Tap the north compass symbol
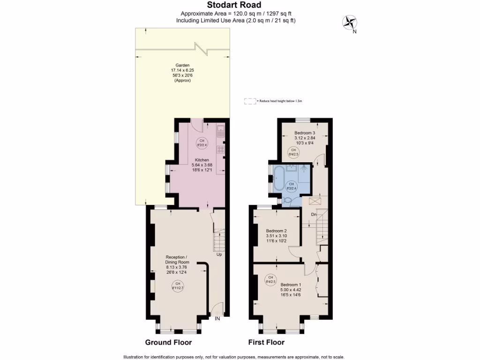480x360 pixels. pyautogui.click(x=349, y=22)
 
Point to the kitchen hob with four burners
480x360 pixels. pyautogui.click(x=220, y=150)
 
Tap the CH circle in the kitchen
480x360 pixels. pyautogui.click(x=202, y=143)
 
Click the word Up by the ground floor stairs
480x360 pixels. pyautogui.click(x=219, y=255)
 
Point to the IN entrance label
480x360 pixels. pyautogui.click(x=217, y=319)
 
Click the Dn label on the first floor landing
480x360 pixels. pyautogui.click(x=314, y=215)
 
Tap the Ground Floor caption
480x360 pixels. pyautogui.click(x=168, y=343)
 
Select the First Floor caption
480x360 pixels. pyautogui.click(x=266, y=343)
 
